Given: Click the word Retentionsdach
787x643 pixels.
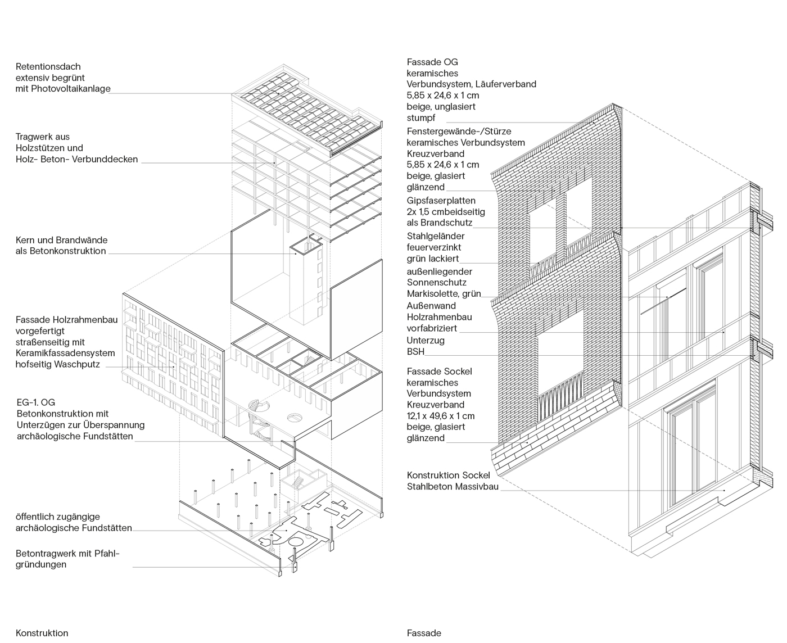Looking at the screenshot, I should point(48,67).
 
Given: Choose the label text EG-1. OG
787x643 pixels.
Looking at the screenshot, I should point(36,402).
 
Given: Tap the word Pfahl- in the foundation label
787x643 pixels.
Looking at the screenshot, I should point(107,554).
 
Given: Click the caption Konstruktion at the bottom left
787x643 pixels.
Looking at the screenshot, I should point(42,633).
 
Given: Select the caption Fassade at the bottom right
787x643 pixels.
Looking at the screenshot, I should point(424,633).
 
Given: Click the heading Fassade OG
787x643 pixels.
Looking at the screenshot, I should point(432,62).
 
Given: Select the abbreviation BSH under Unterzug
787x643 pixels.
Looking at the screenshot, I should point(416,352).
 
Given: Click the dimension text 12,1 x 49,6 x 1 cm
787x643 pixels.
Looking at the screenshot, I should point(441,416).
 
